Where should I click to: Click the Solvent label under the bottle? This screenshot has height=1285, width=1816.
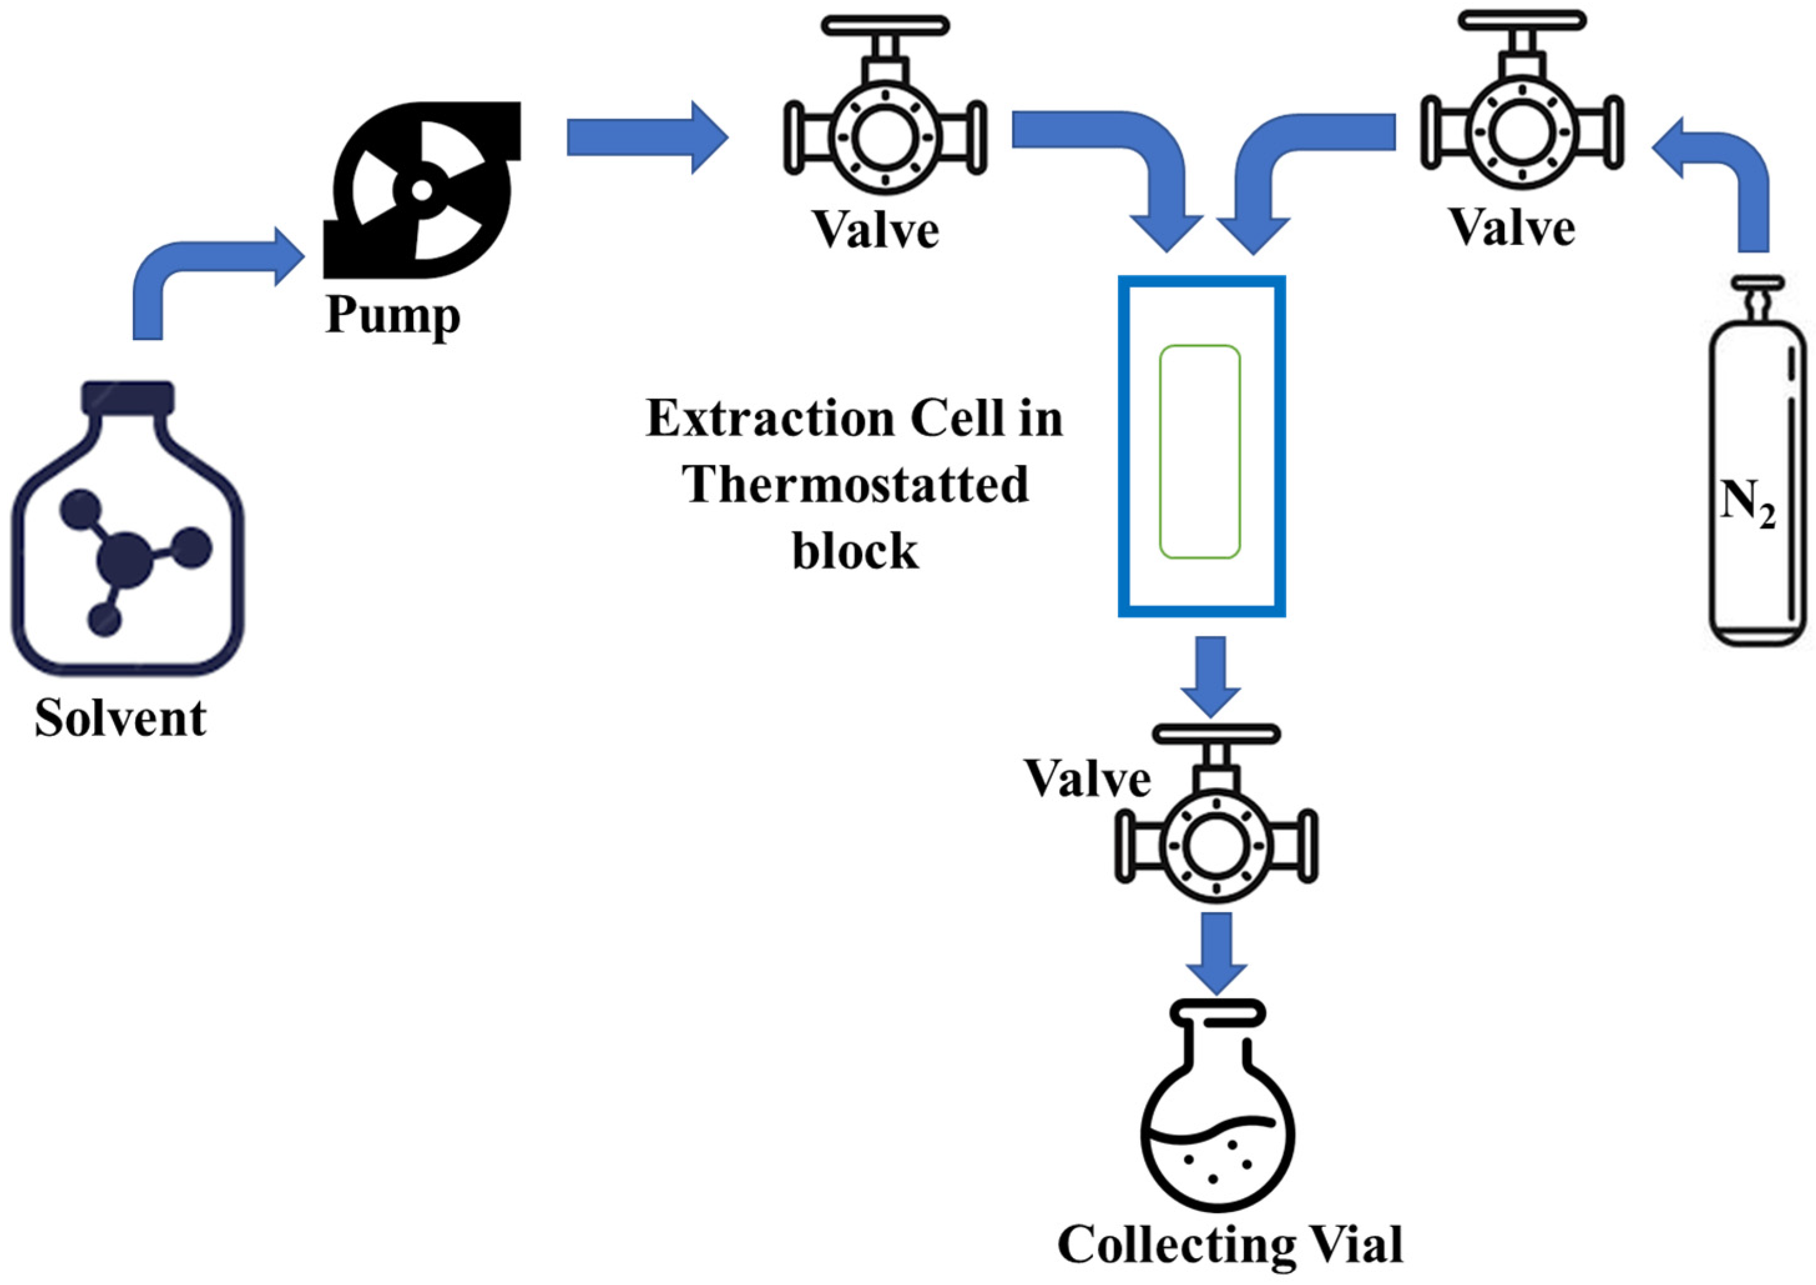(x=120, y=719)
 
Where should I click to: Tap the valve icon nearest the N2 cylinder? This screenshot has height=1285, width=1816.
(x=1522, y=133)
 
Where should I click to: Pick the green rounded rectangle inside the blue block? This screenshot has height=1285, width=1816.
(x=1200, y=452)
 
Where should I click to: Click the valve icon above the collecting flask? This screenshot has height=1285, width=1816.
(x=1216, y=846)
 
